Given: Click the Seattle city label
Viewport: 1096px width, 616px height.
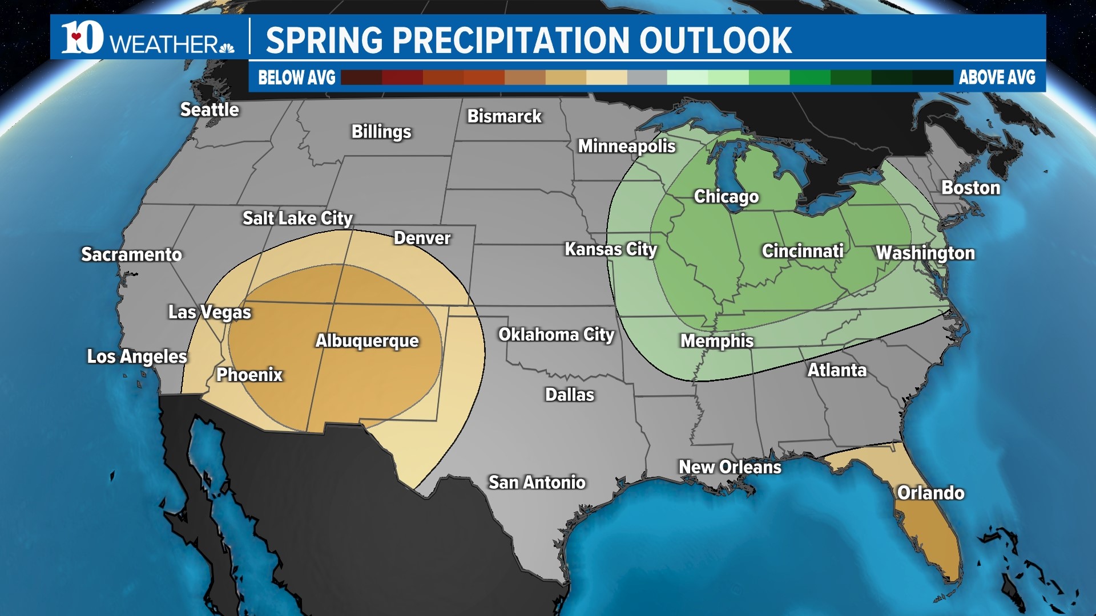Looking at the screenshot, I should (209, 110).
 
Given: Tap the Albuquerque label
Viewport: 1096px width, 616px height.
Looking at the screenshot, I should (367, 341).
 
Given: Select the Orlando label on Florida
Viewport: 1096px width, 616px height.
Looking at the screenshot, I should (930, 493).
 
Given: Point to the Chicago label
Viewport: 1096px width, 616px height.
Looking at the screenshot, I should (726, 197).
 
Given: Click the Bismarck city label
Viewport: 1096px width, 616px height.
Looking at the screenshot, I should (504, 116).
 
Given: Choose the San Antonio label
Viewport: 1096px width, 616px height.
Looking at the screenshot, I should (537, 483).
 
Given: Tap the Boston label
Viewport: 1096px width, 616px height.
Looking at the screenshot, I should (970, 188).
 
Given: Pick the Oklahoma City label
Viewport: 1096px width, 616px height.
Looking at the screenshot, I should (556, 335).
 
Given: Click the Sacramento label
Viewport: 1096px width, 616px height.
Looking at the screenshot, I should (131, 254).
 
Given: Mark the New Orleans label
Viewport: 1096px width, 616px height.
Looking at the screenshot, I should (730, 467).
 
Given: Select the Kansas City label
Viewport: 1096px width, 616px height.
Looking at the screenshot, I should (611, 249).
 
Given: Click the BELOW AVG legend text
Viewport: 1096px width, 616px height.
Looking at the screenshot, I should (296, 78).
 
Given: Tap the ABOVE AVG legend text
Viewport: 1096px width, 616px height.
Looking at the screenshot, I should (997, 78).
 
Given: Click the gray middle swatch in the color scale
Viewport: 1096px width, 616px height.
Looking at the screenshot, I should (647, 78).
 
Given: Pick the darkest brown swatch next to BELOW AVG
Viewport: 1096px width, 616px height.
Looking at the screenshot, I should (361, 78).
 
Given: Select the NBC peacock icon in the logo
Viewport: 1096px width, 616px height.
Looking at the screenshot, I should (227, 47).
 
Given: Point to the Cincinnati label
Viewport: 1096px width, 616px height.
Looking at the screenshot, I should (802, 251).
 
